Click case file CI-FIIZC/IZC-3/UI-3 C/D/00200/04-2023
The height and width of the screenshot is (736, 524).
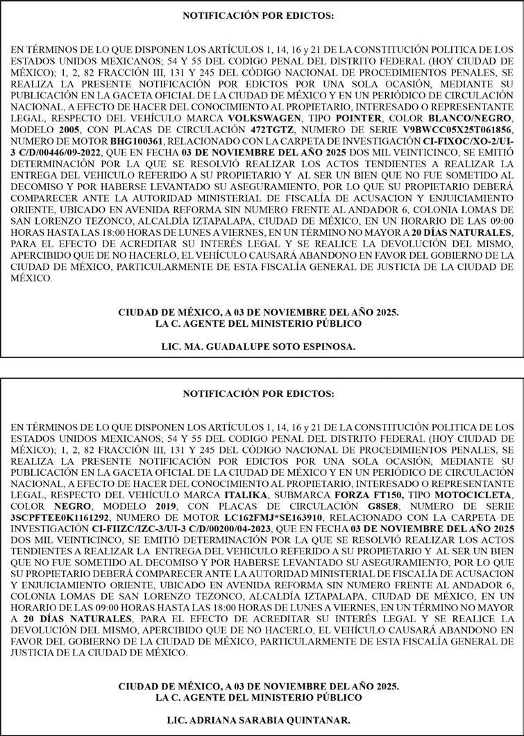coord(185,528)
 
